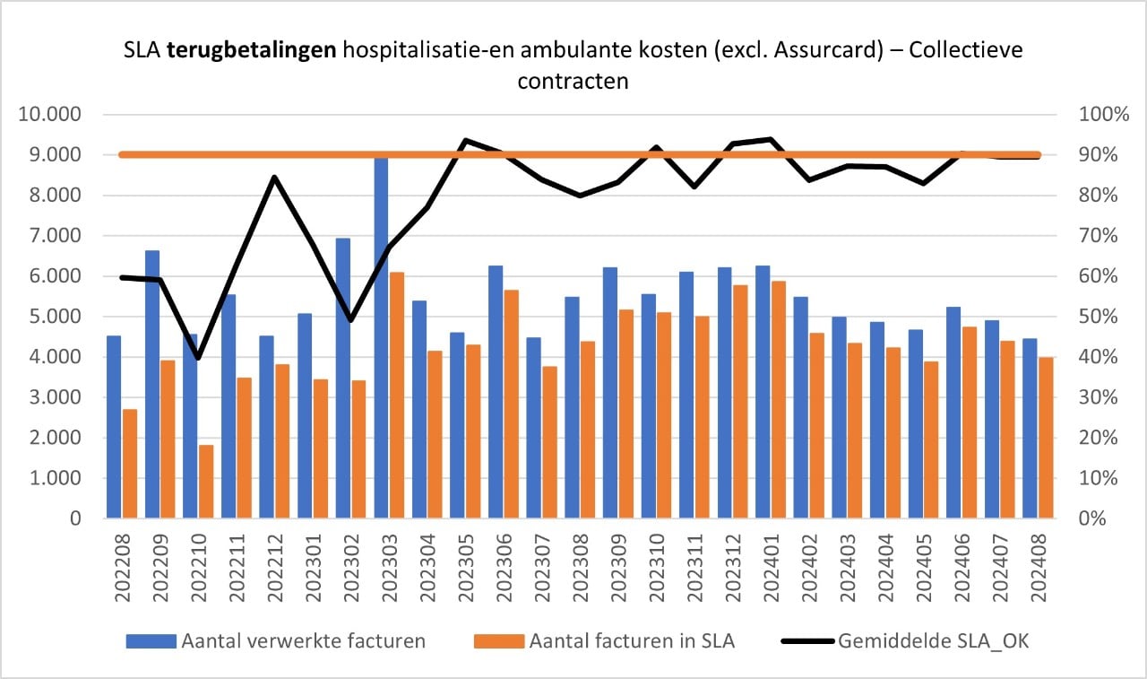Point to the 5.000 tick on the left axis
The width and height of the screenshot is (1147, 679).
click(x=56, y=317)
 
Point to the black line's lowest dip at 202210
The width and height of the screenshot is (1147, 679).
click(x=198, y=359)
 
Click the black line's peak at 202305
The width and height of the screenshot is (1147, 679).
click(x=465, y=140)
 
